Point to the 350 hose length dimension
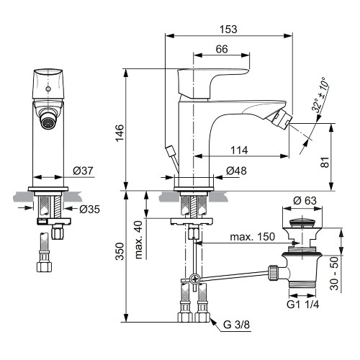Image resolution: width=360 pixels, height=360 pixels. tap(121, 250)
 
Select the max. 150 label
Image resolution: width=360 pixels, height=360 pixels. tap(252, 237)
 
